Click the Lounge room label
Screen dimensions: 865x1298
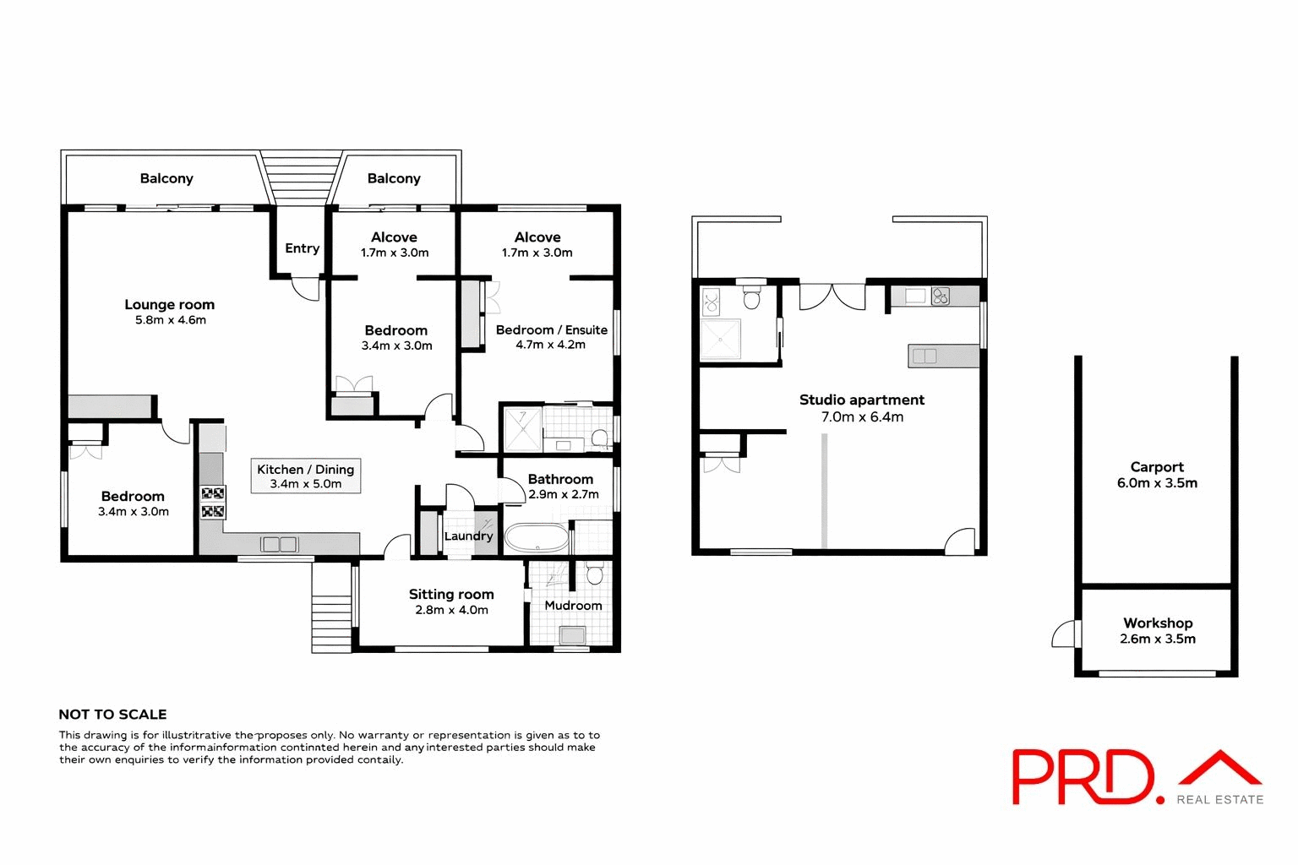[x=169, y=305]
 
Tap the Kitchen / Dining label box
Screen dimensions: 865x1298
[x=306, y=476]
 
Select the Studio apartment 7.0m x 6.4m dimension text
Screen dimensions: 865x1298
[x=862, y=416]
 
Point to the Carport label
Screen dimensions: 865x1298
[x=1157, y=467]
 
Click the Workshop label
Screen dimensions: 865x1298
[x=1157, y=623]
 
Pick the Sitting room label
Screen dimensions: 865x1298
[x=451, y=595]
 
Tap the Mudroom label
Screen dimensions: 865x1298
[x=573, y=606]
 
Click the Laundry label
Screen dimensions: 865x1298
[x=468, y=536]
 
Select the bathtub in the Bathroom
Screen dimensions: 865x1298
[x=537, y=537]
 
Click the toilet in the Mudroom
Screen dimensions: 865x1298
[x=594, y=574]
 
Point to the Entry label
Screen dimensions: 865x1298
[x=302, y=248]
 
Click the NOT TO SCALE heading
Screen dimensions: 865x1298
[x=112, y=715]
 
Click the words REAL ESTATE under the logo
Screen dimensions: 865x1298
[x=1219, y=799]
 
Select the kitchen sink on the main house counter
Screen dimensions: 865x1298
[x=279, y=545]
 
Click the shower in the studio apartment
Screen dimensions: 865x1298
[x=721, y=338]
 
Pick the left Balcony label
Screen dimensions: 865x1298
[x=166, y=178]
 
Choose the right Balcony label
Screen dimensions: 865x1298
[x=394, y=178]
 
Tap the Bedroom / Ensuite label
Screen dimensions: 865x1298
[x=551, y=330]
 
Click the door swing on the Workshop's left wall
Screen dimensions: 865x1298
[x=1065, y=634]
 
